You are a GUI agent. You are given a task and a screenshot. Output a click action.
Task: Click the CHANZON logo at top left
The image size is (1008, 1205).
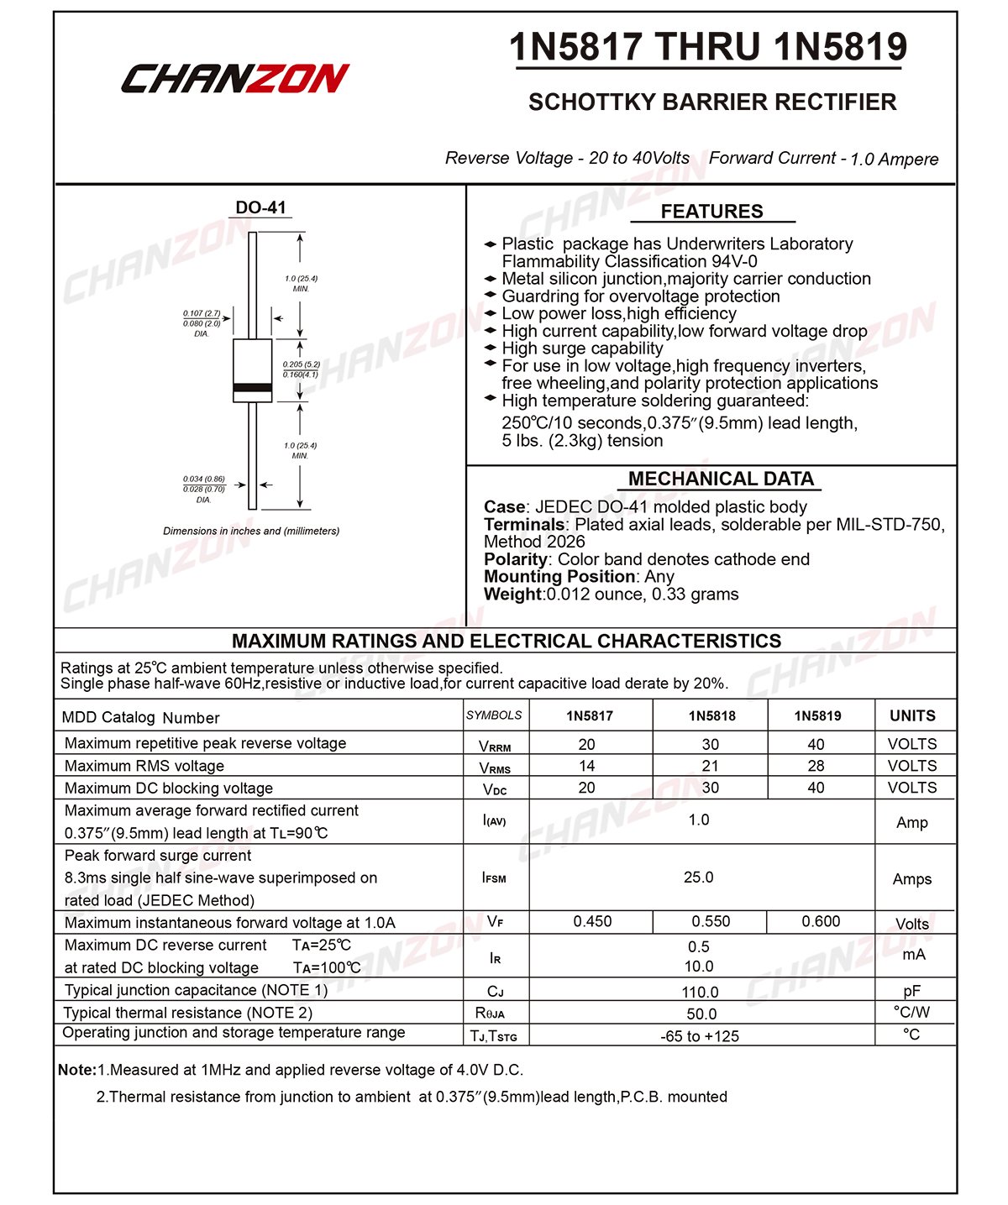pyautogui.click(x=234, y=78)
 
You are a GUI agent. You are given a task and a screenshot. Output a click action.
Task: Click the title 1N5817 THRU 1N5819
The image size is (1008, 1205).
pyautogui.click(x=708, y=47)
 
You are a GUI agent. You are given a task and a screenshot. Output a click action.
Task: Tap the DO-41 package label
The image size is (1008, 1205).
pyautogui.click(x=260, y=207)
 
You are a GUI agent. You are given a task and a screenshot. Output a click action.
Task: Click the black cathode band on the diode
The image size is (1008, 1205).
pyautogui.click(x=252, y=388)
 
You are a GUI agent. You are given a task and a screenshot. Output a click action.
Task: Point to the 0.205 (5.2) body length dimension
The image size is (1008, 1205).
pyautogui.click(x=301, y=364)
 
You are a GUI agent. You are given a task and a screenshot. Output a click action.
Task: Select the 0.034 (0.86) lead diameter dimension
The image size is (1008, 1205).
pyautogui.click(x=204, y=479)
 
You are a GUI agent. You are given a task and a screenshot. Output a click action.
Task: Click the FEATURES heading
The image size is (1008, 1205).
pyautogui.click(x=711, y=212)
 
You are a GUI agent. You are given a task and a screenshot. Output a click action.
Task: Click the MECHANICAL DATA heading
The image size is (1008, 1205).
pyautogui.click(x=721, y=479)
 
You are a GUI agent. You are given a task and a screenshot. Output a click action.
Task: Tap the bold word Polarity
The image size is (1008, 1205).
pyautogui.click(x=515, y=559)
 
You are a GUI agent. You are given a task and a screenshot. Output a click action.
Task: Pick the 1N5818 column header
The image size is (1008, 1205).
pyautogui.click(x=711, y=716)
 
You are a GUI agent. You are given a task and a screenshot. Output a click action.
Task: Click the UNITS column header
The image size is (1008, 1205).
pyautogui.click(x=912, y=716)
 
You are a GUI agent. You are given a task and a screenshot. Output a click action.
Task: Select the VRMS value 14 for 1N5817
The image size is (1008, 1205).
pyautogui.click(x=587, y=766)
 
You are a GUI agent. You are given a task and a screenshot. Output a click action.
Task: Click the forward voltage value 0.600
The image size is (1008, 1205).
pyautogui.click(x=821, y=921)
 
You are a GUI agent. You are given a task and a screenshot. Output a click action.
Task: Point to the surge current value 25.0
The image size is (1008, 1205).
pyautogui.click(x=698, y=877)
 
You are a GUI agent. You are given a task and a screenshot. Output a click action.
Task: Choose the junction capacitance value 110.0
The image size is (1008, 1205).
pyautogui.click(x=700, y=992)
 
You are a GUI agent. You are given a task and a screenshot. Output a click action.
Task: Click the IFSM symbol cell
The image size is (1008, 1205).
pyautogui.click(x=495, y=878)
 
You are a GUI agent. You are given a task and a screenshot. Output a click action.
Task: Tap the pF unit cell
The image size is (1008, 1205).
pyautogui.click(x=912, y=991)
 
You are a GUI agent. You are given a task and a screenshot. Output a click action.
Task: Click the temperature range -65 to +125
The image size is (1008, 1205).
pyautogui.click(x=700, y=1036)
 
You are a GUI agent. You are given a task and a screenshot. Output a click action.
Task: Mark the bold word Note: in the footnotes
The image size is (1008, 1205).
pyautogui.click(x=77, y=1070)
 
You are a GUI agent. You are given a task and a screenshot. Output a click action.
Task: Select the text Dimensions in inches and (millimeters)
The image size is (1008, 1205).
pyautogui.click(x=251, y=531)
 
